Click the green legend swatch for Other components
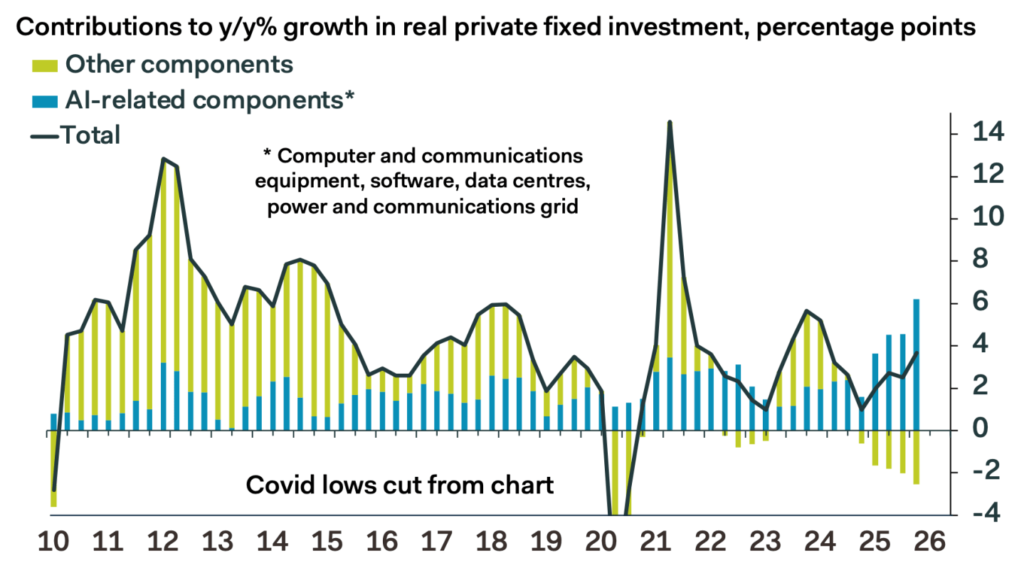(x=44, y=65)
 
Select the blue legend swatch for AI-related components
(x=44, y=101)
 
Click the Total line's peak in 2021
(x=670, y=122)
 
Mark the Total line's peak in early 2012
(x=164, y=159)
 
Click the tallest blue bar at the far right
(x=916, y=364)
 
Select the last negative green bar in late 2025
(x=916, y=457)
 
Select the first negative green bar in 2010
(x=53, y=468)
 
